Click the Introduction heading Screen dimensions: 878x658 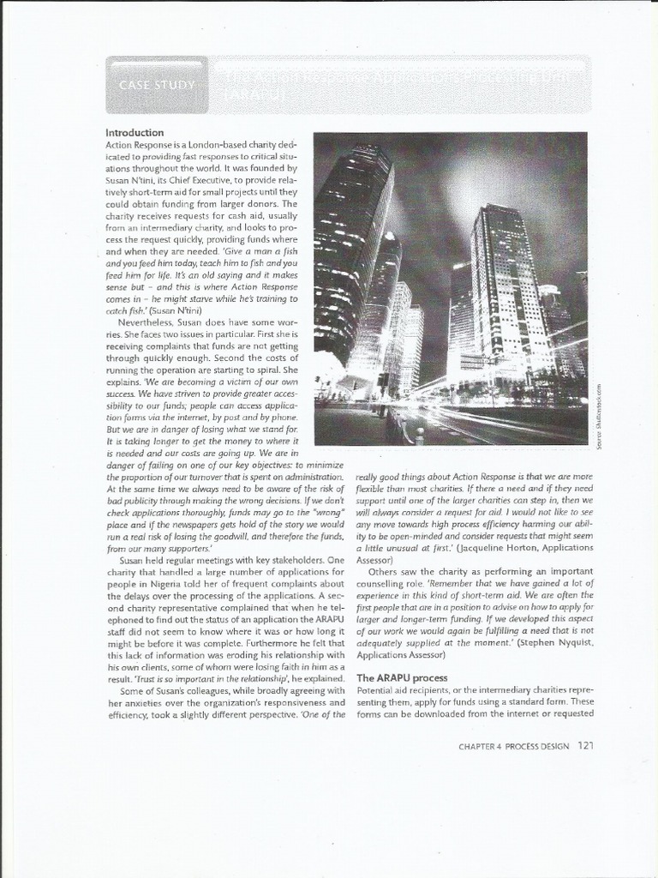coord(135,133)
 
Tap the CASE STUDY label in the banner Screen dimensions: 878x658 coord(157,85)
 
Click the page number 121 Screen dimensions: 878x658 coord(585,745)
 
